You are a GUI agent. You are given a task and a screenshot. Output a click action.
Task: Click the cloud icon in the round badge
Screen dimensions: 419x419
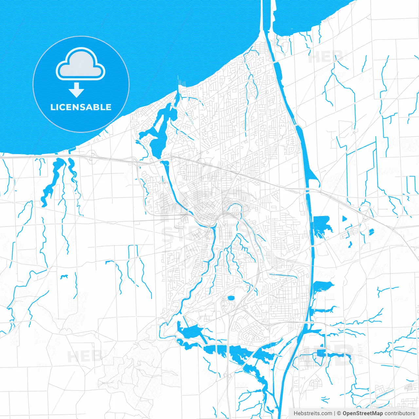tap(81, 64)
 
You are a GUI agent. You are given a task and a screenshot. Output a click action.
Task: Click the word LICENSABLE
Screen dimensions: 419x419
tap(81, 107)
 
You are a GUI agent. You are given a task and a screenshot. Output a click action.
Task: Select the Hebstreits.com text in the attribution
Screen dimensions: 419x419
tap(313, 413)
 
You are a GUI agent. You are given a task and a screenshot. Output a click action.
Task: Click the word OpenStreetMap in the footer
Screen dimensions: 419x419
tap(363, 413)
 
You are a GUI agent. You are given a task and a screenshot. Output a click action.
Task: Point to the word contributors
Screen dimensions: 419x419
tap(400, 413)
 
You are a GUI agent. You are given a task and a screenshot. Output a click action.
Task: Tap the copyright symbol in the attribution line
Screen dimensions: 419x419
tap(339, 413)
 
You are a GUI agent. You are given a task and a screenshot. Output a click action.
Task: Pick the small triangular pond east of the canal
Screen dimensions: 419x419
tap(344, 218)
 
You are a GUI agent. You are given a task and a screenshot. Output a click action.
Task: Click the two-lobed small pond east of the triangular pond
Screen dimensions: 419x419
tap(371, 232)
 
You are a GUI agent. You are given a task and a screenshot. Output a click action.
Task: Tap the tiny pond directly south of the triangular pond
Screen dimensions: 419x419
tap(350, 244)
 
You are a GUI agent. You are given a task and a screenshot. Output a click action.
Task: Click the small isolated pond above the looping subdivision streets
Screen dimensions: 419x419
tap(231, 298)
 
